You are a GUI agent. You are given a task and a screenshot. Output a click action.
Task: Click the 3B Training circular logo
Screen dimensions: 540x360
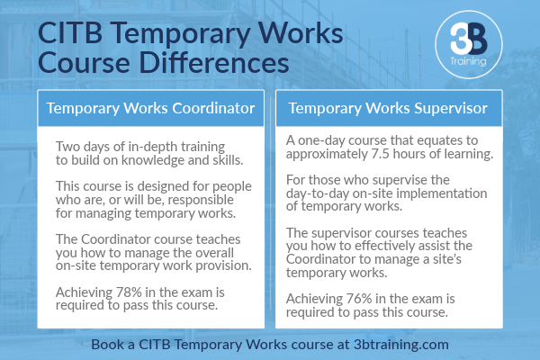pyautogui.click(x=469, y=44)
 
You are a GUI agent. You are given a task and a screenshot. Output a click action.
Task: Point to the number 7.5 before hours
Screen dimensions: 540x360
pyautogui.click(x=380, y=154)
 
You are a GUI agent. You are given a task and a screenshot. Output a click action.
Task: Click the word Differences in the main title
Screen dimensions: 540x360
pyautogui.click(x=214, y=63)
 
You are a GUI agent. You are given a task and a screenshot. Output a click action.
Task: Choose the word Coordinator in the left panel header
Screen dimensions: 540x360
pyautogui.click(x=213, y=108)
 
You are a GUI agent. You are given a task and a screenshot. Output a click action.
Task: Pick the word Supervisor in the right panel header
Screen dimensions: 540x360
pyautogui.click(x=451, y=108)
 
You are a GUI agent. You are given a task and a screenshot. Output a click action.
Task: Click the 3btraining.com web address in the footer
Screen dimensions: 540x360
pyautogui.click(x=401, y=345)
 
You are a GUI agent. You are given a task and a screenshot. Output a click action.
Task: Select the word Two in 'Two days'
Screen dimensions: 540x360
pyautogui.click(x=67, y=147)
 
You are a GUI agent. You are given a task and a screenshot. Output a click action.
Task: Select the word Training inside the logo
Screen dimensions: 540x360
pyautogui.click(x=468, y=61)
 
